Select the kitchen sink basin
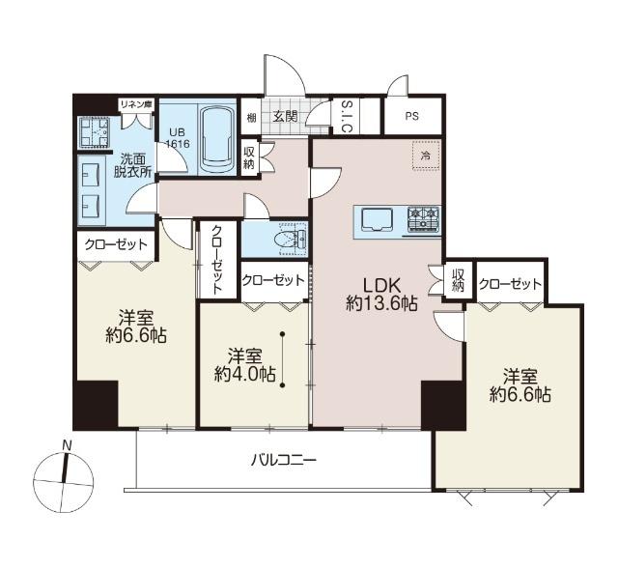[x=377, y=219]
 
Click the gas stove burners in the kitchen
[x=423, y=218]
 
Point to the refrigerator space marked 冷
[x=425, y=156]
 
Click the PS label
[x=411, y=117]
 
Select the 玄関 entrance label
[x=286, y=117]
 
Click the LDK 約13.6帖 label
[x=381, y=294]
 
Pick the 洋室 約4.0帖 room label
[x=244, y=365]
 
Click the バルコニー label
[x=284, y=460]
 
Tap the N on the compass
[x=68, y=446]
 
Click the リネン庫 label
[x=136, y=105]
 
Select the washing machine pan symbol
[x=94, y=131]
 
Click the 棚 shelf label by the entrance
[x=251, y=117]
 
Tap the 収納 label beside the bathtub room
[x=249, y=157]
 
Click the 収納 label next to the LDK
[x=458, y=280]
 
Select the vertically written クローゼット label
[x=216, y=260]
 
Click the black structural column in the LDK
[x=442, y=405]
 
